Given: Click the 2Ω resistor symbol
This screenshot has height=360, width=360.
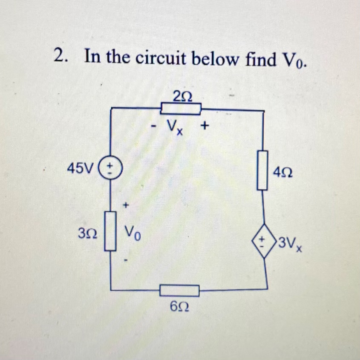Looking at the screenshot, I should point(180,109).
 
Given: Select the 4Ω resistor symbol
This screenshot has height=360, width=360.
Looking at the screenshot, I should point(263,170).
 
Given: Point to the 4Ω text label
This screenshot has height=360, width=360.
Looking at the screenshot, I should point(284,173).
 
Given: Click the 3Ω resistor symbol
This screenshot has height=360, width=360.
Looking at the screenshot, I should point(111,231).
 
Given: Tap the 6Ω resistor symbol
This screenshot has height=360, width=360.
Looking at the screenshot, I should point(180,291).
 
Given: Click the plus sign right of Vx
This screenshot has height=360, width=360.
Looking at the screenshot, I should point(206,126).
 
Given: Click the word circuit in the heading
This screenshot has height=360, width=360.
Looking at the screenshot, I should point(161,58).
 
